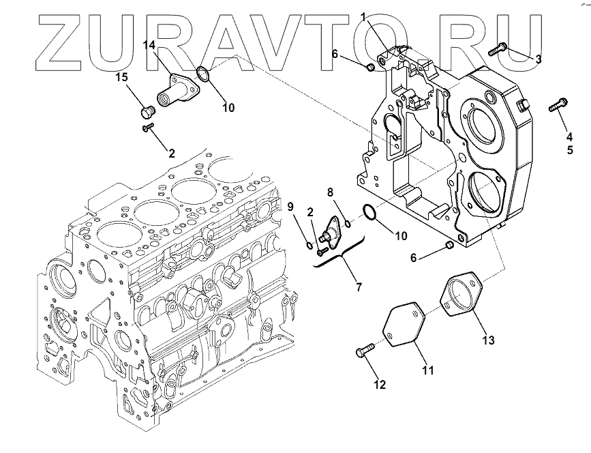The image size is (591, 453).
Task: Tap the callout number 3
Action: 538,59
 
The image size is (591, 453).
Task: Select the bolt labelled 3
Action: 498,47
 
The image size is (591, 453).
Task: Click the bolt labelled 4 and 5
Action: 557,106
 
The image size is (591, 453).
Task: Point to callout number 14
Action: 149,45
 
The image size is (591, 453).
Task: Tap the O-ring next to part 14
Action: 202,73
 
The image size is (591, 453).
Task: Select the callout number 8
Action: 329,192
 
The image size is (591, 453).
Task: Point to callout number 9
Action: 289,206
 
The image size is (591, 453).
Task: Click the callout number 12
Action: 380,385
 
